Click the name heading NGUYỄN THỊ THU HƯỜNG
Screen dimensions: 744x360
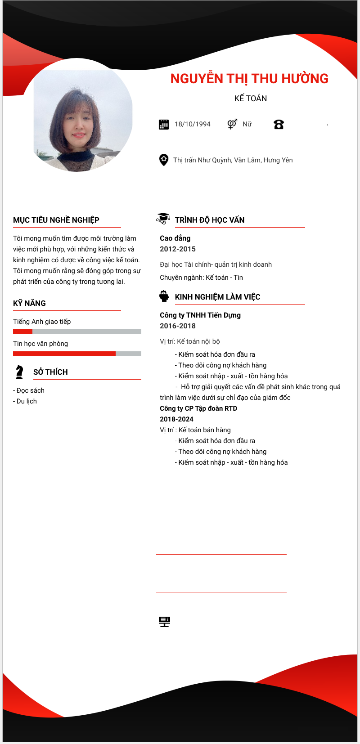pos(249,79)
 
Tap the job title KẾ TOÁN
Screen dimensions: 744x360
pos(251,99)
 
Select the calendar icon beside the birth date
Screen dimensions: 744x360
pos(164,125)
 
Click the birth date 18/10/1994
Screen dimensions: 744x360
pos(193,124)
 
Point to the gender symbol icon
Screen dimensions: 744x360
pos(232,124)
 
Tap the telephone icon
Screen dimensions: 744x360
pos(279,125)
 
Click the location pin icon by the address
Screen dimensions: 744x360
pos(164,160)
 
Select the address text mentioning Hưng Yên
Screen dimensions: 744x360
pos(233,160)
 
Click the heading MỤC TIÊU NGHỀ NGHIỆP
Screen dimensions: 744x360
pos(56,220)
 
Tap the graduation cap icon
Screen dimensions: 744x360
pos(163,218)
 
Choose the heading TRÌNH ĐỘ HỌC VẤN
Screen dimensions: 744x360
pos(210,220)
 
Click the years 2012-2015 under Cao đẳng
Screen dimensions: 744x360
pos(178,249)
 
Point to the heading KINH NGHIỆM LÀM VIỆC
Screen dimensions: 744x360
pos(217,297)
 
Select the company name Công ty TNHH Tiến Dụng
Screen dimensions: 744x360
pos(200,315)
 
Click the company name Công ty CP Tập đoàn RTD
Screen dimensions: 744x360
pos(198,408)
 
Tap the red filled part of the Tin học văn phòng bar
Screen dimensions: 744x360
pos(64,354)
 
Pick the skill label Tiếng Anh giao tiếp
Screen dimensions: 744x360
pos(42,322)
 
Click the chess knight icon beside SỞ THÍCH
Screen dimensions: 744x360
pos(19,372)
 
